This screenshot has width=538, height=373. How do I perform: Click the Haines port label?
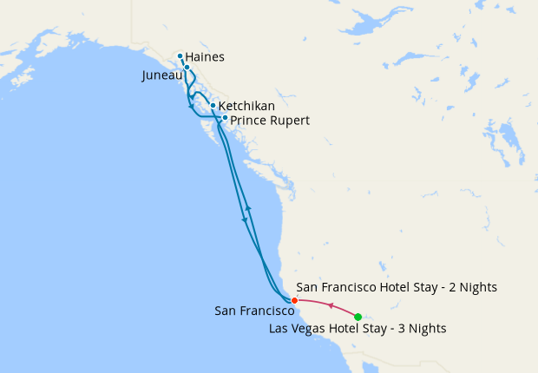tap(205, 57)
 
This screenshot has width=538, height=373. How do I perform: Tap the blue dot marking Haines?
tap(180, 57)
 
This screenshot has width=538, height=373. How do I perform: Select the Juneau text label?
tap(161, 75)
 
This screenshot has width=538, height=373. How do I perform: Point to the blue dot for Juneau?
tap(187, 67)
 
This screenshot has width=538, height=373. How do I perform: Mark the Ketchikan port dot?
tap(213, 106)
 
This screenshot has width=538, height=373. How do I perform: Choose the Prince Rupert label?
tap(270, 120)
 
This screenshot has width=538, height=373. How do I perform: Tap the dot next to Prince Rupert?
tap(225, 118)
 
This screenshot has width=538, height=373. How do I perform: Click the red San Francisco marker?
tap(295, 300)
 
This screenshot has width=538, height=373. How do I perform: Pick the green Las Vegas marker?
tap(358, 317)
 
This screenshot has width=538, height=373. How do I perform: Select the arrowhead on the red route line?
tap(331, 304)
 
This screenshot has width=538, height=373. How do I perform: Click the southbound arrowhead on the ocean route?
tap(244, 219)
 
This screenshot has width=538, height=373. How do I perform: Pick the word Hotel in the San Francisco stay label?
tap(390, 286)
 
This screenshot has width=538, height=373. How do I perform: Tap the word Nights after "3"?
tap(425, 328)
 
